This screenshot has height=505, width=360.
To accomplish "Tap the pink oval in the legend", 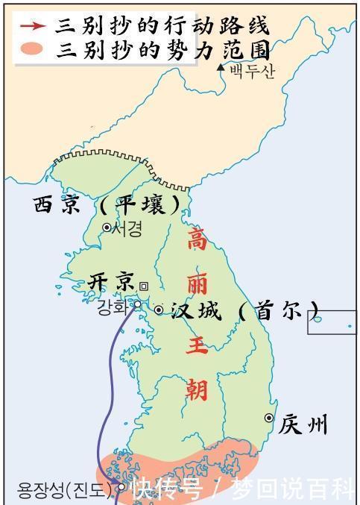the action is click(x=33, y=50).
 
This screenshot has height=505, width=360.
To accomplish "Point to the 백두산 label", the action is click(x=251, y=71).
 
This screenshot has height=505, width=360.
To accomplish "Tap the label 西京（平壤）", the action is click(x=108, y=204).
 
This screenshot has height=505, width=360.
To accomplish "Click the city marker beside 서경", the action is click(x=107, y=228).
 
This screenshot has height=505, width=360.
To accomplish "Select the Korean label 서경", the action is click(x=126, y=228).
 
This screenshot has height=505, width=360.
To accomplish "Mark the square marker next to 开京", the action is click(x=144, y=286).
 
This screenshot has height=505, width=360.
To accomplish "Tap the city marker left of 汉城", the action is click(x=159, y=309).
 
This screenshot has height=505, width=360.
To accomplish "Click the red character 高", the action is click(x=196, y=241).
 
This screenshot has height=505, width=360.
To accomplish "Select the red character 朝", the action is click(x=197, y=389).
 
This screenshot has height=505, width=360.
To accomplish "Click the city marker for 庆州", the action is click(x=268, y=418).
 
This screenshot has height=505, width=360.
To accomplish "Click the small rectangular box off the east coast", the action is click(x=332, y=321).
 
